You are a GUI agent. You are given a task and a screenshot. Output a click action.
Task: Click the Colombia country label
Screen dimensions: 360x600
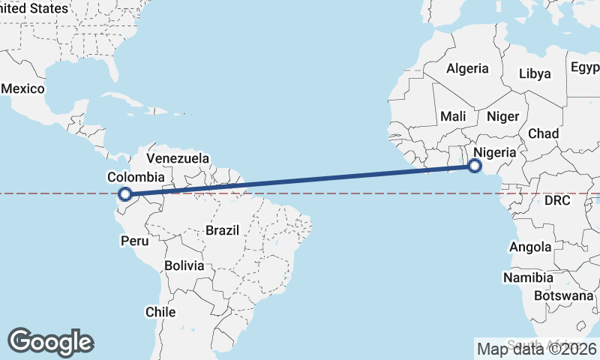[136, 177]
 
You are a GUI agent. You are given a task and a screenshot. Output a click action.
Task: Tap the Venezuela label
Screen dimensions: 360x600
[178, 158]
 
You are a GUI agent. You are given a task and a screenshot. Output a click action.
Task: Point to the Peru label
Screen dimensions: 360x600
[135, 241]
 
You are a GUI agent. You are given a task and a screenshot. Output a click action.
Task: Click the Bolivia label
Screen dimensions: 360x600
[184, 265]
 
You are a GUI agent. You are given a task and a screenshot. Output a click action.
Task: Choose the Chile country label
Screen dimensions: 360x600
[160, 311]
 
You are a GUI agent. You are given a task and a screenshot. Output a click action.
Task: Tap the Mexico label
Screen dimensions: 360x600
[23, 88]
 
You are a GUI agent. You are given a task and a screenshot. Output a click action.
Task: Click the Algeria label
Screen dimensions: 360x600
[467, 68]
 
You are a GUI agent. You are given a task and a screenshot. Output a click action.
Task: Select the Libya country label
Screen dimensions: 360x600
[535, 73]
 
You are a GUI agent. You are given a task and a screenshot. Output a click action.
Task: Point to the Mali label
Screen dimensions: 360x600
[453, 116]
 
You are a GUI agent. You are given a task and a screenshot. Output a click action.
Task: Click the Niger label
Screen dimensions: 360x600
[502, 116]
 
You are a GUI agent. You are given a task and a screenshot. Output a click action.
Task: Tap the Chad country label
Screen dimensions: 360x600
[543, 133]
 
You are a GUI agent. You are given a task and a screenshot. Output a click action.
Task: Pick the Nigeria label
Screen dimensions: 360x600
[495, 152]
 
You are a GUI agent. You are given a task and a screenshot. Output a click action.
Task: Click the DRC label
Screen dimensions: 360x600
[557, 201]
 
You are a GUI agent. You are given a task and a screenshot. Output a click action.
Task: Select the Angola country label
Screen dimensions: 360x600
[530, 247]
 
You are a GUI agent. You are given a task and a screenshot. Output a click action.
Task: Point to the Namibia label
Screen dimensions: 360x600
[529, 277]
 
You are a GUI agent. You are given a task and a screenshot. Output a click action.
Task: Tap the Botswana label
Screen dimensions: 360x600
[565, 295]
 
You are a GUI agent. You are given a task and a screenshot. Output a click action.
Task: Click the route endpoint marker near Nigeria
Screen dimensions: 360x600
[474, 166]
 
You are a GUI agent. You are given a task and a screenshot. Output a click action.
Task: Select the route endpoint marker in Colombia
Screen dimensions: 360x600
[125, 195]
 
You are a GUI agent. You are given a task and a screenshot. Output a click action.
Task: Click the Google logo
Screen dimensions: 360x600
[50, 341]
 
